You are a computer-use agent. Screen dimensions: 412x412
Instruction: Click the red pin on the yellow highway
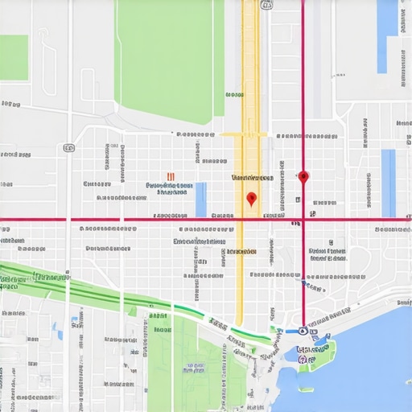click(x=251, y=198)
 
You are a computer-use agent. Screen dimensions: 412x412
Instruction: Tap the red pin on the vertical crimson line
click(x=303, y=176)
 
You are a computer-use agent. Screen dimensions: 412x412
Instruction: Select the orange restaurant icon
click(x=171, y=177)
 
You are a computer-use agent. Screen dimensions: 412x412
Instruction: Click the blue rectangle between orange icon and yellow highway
click(x=200, y=199)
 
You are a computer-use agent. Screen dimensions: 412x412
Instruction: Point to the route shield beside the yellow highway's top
click(x=267, y=5)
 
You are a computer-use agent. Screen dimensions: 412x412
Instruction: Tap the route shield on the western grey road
click(x=69, y=148)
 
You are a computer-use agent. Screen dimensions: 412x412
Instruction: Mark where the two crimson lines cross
click(x=303, y=219)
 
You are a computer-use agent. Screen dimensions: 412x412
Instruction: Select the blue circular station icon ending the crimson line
click(x=302, y=329)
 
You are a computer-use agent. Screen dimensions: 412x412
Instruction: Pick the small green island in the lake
click(x=304, y=389)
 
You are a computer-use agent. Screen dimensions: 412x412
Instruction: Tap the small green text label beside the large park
click(x=234, y=95)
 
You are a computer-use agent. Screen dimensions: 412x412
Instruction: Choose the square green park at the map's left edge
click(x=14, y=57)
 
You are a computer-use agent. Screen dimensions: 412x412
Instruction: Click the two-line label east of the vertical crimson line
click(x=328, y=254)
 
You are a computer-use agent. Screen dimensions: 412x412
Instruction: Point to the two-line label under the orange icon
click(x=170, y=188)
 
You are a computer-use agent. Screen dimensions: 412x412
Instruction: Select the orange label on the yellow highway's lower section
click(x=241, y=252)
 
